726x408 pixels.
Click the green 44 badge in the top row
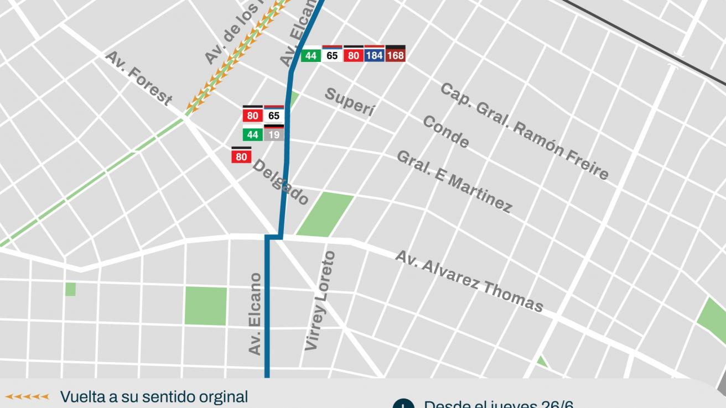coord(311,55)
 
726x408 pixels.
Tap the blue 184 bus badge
coord(374,55)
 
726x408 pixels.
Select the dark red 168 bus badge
coord(395,55)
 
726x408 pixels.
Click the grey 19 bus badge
coord(274,134)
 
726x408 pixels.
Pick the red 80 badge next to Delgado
coord(241,156)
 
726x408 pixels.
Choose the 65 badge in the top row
coord(332,55)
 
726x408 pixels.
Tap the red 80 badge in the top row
coord(353,55)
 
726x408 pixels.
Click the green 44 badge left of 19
coord(252,134)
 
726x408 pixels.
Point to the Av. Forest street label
coord(138,78)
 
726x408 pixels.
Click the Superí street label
coord(349,102)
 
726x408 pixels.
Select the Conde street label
coord(446,132)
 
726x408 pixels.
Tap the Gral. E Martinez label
coord(454,181)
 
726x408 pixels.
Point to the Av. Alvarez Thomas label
coord(469,281)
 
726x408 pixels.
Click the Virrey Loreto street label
coord(320,301)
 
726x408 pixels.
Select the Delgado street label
coord(281,182)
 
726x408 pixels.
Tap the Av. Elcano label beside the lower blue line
coord(255,313)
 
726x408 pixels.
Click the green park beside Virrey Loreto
coord(325,215)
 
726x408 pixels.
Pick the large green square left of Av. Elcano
coord(206,306)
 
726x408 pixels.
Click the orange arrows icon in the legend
coord(27,396)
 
